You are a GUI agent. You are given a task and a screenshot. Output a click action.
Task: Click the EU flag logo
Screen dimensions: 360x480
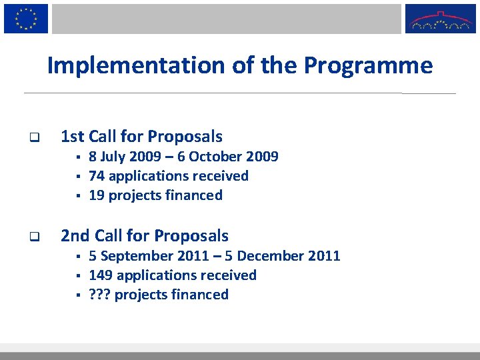tap(26, 18)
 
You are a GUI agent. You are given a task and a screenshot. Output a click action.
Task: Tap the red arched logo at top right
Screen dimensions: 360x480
tap(440, 19)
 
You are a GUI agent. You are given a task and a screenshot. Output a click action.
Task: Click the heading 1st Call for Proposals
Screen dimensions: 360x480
tap(141, 137)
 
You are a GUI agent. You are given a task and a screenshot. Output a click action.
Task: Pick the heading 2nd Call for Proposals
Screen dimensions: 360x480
tap(145, 236)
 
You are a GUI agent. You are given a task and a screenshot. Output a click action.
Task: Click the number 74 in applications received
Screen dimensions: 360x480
tap(97, 176)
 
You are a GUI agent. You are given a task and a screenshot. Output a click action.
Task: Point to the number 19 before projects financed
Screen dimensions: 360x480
tap(97, 195)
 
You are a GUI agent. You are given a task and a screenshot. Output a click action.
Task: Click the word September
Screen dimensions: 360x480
tap(133, 256)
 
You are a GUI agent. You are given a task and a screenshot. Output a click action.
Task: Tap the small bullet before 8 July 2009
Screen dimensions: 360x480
tap(78, 157)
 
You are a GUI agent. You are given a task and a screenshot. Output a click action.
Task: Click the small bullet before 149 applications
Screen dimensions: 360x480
tap(78, 276)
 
